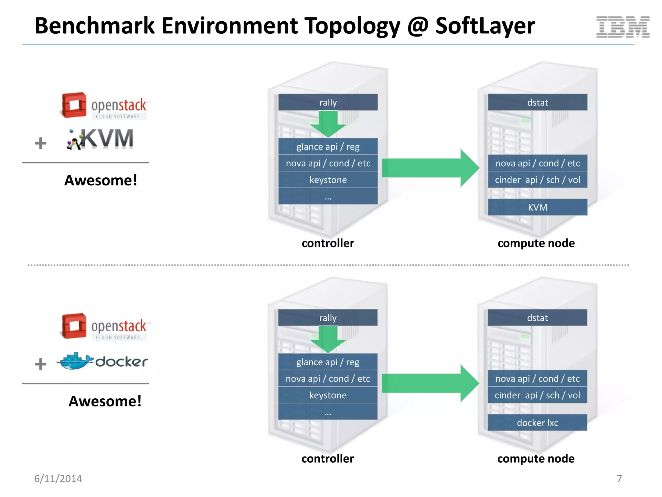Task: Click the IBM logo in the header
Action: [x=623, y=27]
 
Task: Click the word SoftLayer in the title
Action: [x=485, y=26]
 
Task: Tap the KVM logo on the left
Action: [x=100, y=139]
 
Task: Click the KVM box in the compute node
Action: [x=537, y=207]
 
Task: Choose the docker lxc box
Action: [x=537, y=423]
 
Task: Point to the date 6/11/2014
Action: [x=58, y=479]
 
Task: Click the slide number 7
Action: [x=619, y=479]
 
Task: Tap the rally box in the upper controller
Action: [x=328, y=102]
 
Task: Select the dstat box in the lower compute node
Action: [x=537, y=318]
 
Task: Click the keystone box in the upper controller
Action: [x=328, y=180]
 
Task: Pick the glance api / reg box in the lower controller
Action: [x=328, y=362]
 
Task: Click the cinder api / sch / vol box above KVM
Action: [x=537, y=180]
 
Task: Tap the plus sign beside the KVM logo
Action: [x=40, y=143]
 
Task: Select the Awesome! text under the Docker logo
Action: [x=105, y=401]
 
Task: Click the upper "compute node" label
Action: [x=536, y=243]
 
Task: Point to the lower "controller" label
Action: [x=327, y=458]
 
